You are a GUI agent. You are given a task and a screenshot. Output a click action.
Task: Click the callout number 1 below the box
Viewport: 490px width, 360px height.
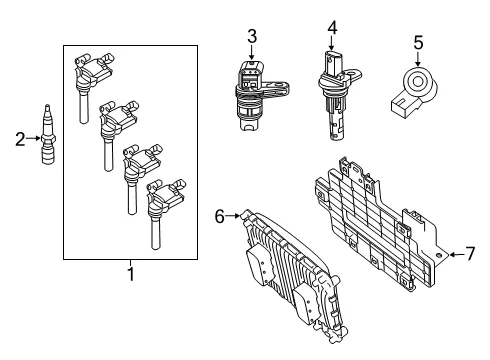tap(131, 274)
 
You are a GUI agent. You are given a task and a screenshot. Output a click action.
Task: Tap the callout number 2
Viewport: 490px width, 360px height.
tap(20, 139)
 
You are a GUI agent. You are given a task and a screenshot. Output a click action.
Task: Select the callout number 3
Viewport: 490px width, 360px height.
tap(252, 36)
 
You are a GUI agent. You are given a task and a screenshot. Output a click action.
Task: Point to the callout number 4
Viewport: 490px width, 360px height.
tap(332, 28)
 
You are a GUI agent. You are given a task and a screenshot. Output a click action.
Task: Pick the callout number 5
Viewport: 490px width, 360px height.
tap(418, 43)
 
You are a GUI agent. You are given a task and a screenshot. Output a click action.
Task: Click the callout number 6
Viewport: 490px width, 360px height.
tap(220, 217)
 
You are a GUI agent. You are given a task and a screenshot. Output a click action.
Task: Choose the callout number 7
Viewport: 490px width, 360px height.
tap(470, 254)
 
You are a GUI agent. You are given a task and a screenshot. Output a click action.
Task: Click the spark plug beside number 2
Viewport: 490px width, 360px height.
tap(48, 134)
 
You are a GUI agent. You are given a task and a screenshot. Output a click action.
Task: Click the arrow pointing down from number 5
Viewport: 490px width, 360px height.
tap(418, 59)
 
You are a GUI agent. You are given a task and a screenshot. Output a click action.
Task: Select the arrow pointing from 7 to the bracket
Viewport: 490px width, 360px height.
tap(456, 255)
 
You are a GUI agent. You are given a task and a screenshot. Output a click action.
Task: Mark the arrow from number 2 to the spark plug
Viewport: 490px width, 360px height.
tap(33, 138)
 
